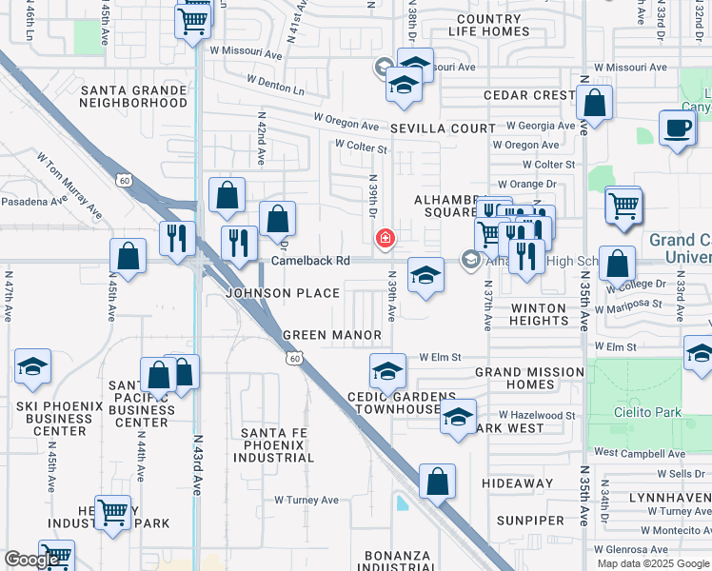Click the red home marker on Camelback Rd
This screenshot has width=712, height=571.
tap(386, 239)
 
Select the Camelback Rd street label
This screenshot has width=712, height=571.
tap(310, 261)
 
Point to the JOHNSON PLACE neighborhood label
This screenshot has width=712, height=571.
tap(269, 293)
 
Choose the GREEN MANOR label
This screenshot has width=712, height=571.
tap(332, 335)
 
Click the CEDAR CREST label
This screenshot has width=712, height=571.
tap(529, 95)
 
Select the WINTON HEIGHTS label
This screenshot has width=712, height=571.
tap(539, 314)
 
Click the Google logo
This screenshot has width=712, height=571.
tap(32, 560)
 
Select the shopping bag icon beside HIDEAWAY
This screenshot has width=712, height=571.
tap(437, 482)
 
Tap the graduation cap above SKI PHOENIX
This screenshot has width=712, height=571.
tap(32, 367)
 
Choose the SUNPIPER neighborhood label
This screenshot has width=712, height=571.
tap(530, 521)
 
